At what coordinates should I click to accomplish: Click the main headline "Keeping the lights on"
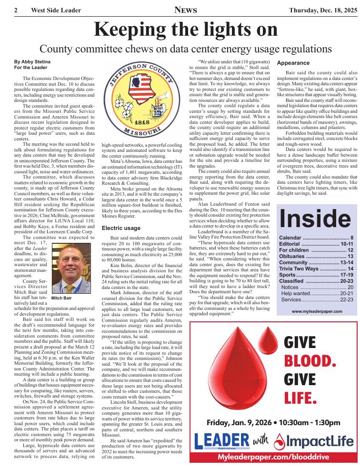tap(186, 30)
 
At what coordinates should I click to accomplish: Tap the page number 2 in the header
tap(16, 10)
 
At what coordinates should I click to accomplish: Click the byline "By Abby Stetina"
tap(32, 62)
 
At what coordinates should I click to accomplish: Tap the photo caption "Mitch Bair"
tap(61, 298)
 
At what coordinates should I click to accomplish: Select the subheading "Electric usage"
tap(121, 228)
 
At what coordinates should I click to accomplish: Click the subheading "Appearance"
tap(293, 63)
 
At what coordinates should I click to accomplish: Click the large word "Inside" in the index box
tap(315, 218)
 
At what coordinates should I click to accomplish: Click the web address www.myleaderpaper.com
tap(317, 311)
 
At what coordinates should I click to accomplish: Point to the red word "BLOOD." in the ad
tap(310, 361)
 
